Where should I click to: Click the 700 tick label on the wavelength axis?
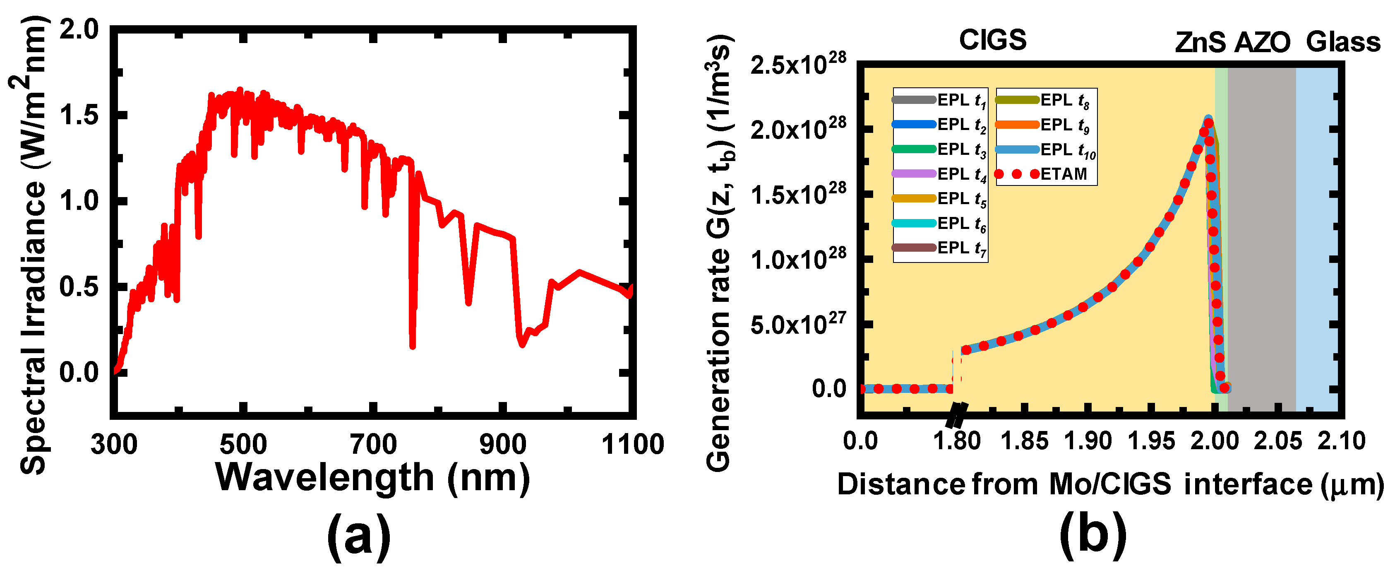(374, 444)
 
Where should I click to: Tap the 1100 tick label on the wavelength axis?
(632, 444)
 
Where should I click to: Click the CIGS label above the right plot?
(993, 39)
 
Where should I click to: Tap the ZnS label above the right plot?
(1200, 42)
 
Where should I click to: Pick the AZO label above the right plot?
(1262, 42)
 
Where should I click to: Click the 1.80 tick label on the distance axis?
(957, 441)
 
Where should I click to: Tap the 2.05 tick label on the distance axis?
(1277, 441)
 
